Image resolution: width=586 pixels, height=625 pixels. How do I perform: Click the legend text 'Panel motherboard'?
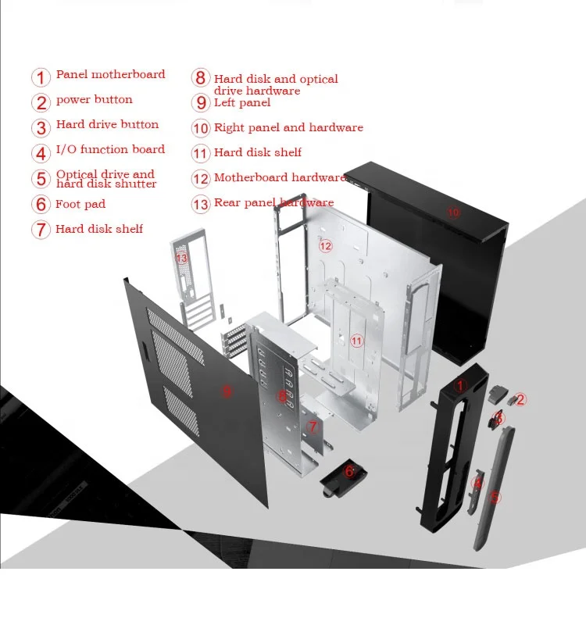[x=110, y=75]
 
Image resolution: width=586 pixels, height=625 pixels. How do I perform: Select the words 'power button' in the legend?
[x=94, y=100]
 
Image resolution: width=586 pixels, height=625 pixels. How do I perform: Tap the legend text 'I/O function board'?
[x=110, y=150]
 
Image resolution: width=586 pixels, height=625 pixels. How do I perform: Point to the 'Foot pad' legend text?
[x=80, y=205]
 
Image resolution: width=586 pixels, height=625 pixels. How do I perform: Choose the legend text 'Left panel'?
[x=242, y=103]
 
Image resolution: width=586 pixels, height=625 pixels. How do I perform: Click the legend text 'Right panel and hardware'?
[x=288, y=128]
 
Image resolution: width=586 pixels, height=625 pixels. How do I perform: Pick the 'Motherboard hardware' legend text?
[x=279, y=178]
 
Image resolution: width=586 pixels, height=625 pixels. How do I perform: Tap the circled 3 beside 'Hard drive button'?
[x=41, y=127]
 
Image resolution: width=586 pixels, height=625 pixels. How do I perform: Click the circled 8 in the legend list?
[x=201, y=78]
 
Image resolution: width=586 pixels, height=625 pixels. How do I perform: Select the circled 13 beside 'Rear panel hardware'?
[x=201, y=205]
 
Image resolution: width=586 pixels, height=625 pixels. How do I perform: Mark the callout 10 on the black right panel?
[x=453, y=212]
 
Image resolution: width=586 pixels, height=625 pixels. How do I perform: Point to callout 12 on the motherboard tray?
[x=325, y=246]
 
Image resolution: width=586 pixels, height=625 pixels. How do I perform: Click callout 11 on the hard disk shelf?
[x=356, y=341]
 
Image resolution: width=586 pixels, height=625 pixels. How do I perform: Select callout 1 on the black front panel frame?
[x=460, y=385]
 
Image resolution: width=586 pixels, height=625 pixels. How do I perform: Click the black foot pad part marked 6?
[x=343, y=477]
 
